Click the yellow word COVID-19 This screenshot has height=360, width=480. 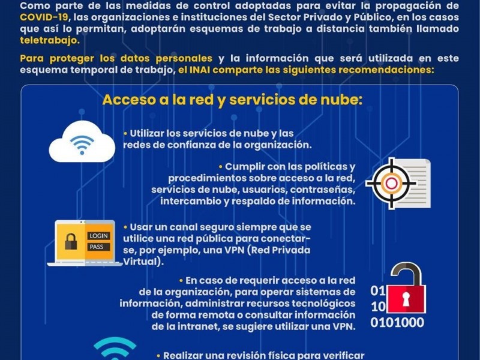click(44, 17)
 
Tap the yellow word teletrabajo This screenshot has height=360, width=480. click(50, 40)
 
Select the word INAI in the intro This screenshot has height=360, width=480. click(200, 70)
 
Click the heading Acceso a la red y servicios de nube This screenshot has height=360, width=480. click(233, 100)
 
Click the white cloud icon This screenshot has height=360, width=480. click(82, 142)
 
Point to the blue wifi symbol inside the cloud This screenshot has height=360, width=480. click(82, 145)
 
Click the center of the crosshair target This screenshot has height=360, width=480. click(391, 184)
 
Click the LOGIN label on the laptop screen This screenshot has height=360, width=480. click(98, 236)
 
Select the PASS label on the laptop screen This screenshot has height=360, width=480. click(97, 247)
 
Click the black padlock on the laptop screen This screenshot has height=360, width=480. click(71, 242)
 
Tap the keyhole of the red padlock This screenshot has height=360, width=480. click(406, 299)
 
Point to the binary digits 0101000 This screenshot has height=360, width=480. click(397, 322)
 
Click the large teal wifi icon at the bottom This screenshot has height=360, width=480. click(115, 349)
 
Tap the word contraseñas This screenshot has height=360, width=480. click(323, 190)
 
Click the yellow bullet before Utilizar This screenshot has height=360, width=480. click(125, 134)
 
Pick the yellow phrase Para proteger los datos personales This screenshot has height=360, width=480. click(116, 58)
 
